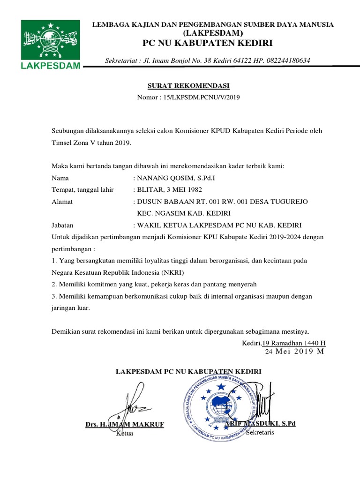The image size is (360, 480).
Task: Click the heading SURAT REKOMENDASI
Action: tap(189, 86)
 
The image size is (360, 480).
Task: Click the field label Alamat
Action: tap(61, 202)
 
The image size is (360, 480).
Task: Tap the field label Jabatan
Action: tap(63, 225)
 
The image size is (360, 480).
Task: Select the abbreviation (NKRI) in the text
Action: tap(172, 272)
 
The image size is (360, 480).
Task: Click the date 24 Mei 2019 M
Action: tap(294, 351)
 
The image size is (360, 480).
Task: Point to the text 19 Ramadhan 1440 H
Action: tap(294, 343)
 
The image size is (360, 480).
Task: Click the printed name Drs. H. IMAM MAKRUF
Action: tap(125, 425)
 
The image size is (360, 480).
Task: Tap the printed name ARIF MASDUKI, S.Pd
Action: tap(260, 424)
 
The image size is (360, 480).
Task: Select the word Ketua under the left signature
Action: tap(125, 434)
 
